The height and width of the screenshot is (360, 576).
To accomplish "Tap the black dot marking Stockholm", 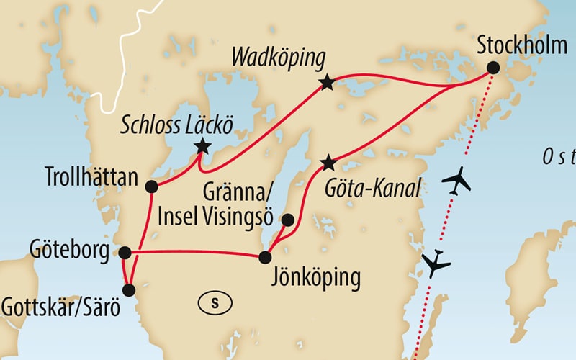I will point(493,68).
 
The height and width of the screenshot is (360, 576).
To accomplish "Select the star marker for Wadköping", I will point(327,83).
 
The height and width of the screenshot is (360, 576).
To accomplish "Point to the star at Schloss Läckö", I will point(202,147).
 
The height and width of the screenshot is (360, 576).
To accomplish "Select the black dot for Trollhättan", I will point(151,187).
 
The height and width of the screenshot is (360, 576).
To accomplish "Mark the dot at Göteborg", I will point(125,253).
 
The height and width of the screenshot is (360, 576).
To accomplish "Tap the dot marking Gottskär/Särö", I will point(129,291).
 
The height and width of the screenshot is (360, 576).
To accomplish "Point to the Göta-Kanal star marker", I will point(328,161).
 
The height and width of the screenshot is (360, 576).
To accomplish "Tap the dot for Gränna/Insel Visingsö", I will point(288,220).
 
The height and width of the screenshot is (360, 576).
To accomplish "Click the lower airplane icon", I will point(436,264).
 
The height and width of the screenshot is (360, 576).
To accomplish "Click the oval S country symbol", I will point(214,302).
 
